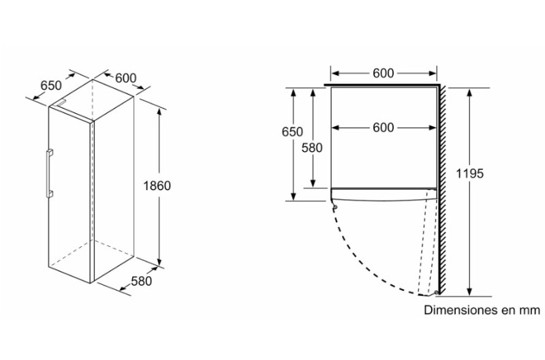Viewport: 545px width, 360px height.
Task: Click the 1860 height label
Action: (157, 185)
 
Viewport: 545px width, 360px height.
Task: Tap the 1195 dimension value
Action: (469, 173)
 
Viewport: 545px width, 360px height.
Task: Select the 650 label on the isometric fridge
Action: (51, 85)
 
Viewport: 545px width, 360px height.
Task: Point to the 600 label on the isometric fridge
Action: (125, 78)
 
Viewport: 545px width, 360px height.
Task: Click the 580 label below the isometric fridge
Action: (142, 281)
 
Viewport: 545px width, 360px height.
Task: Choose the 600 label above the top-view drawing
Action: (384, 74)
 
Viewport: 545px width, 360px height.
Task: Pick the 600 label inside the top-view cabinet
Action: (384, 127)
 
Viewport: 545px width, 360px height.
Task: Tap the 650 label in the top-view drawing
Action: (292, 132)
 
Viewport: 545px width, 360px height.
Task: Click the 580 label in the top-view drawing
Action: (312, 148)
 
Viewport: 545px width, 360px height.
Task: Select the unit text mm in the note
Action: (530, 310)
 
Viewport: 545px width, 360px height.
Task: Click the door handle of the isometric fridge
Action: (49, 173)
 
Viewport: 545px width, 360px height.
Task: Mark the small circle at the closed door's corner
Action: (335, 207)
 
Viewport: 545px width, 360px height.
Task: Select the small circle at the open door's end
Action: (436, 292)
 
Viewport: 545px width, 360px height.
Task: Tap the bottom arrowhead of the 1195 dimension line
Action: (469, 292)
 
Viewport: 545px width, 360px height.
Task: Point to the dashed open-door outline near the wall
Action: (427, 243)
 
